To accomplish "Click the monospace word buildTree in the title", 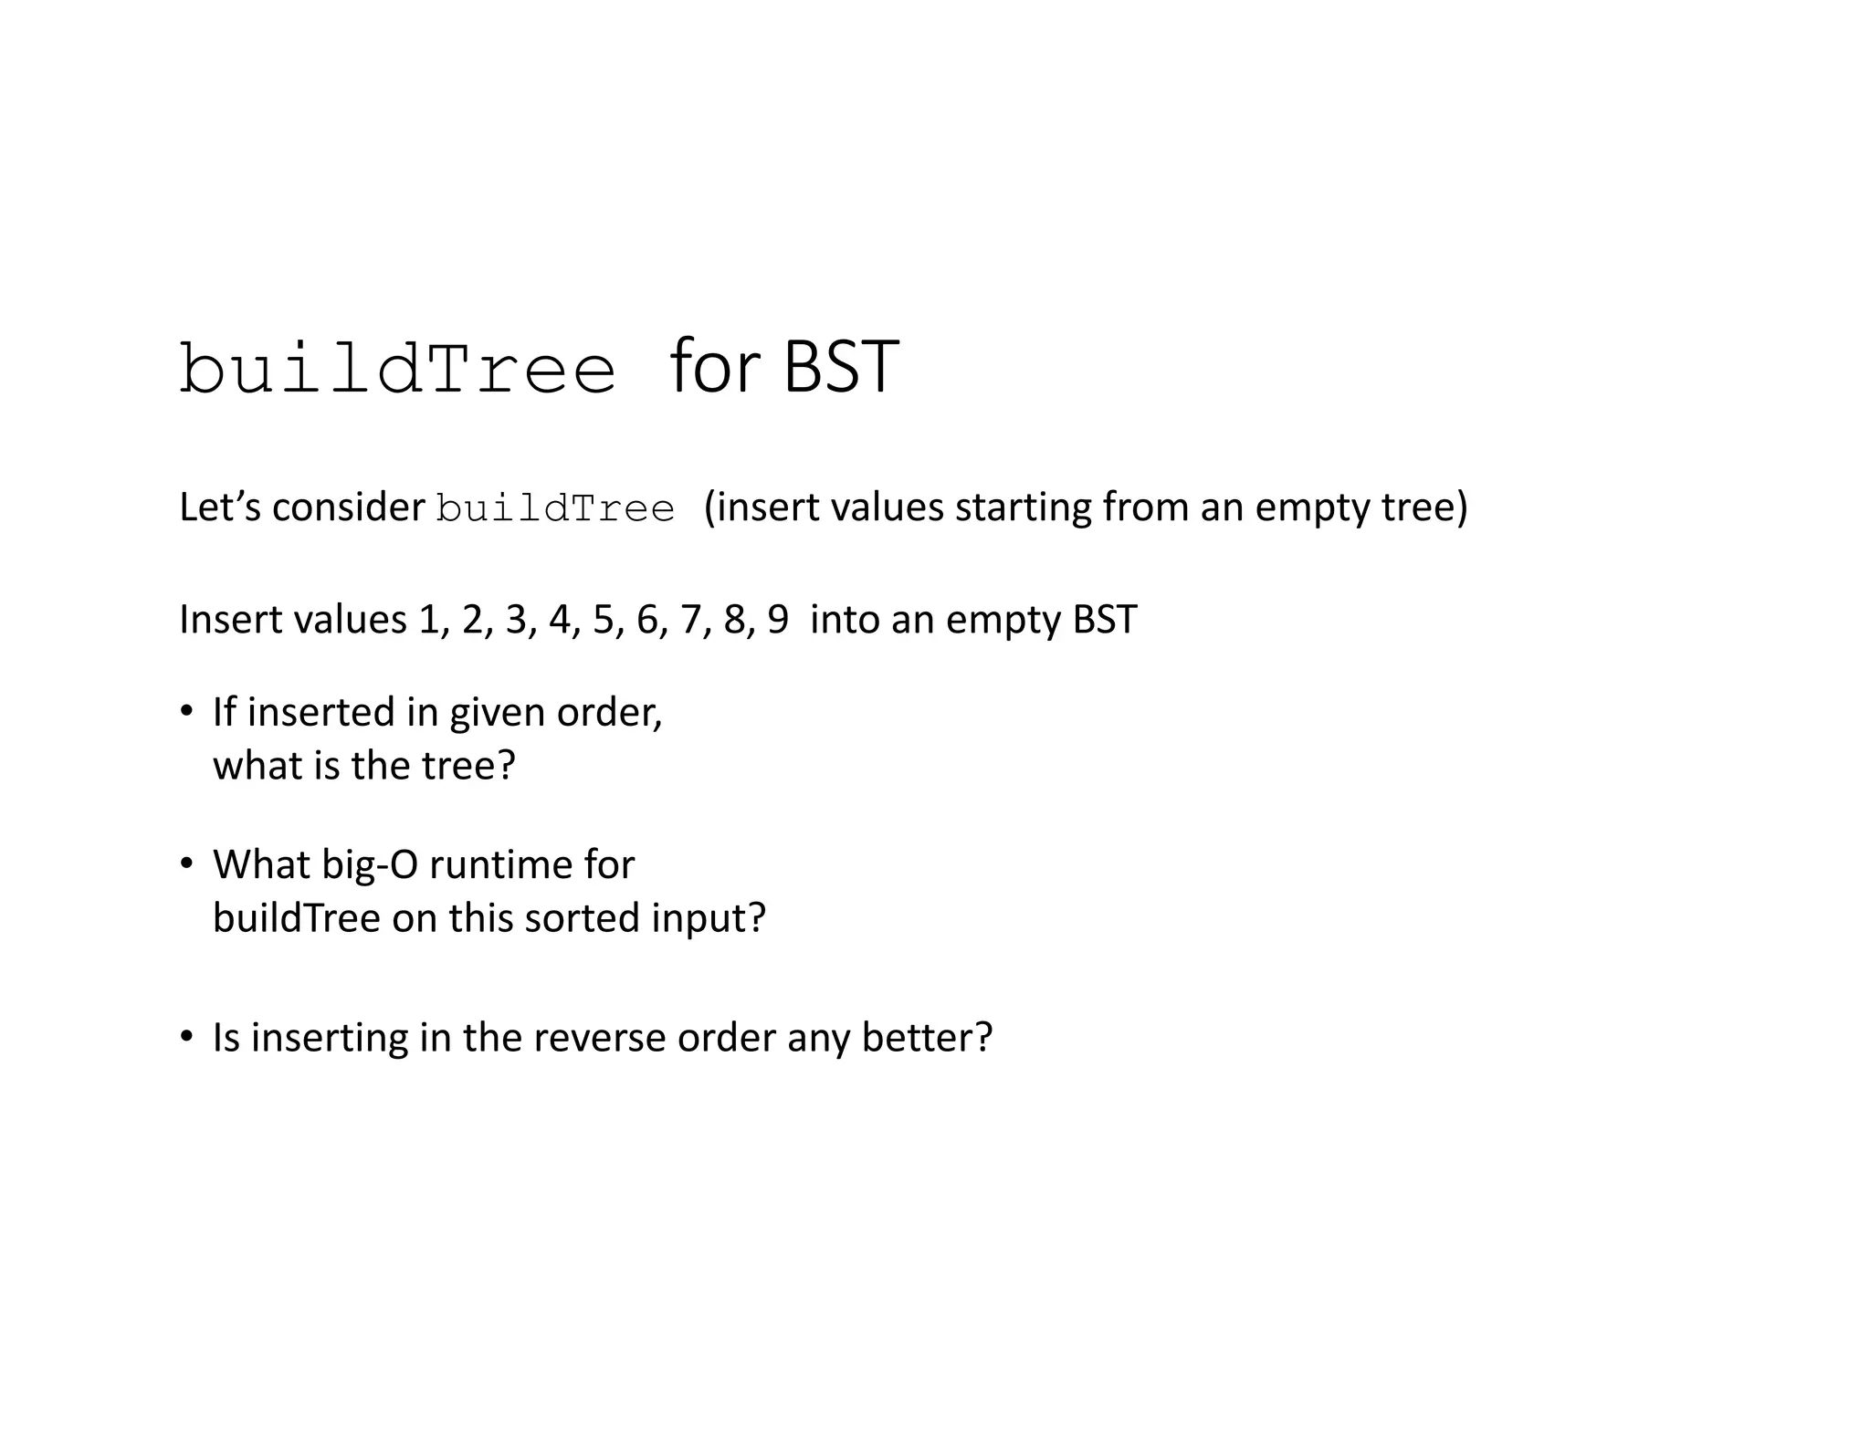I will coord(397,370).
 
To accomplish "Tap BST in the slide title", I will coord(841,367).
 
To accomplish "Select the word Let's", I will coord(220,507).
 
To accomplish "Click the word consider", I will coord(349,507).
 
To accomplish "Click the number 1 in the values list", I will coord(429,620).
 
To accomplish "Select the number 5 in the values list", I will coord(604,620).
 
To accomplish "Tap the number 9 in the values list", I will coord(778,620).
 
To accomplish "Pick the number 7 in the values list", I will coord(691,620).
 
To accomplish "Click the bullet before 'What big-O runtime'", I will coord(187,863).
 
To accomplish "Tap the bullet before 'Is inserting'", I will coord(187,1037).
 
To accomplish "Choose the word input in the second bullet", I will coord(708,918).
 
